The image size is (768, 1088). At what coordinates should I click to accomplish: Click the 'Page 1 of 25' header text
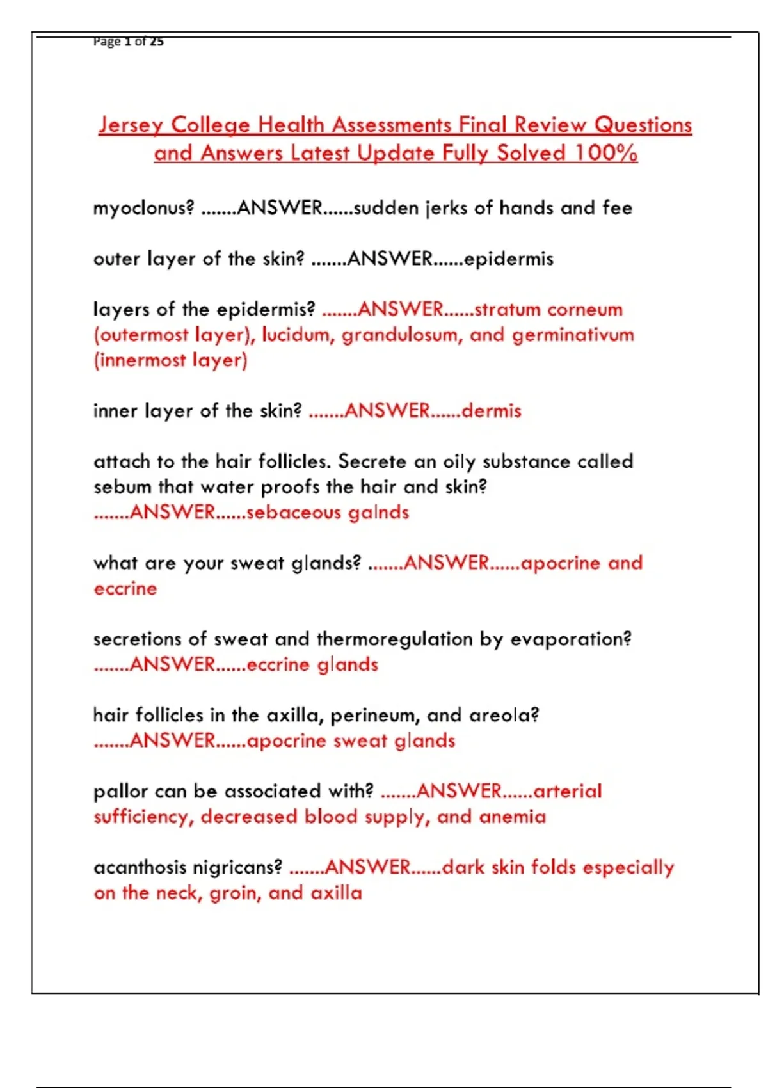[x=128, y=42]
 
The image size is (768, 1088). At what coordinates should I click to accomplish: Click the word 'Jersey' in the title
[x=131, y=125]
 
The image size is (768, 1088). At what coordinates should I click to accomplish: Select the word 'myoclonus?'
[x=143, y=209]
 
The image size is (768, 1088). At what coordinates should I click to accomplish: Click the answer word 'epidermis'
[x=509, y=259]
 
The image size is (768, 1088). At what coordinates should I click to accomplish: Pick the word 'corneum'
[x=585, y=310]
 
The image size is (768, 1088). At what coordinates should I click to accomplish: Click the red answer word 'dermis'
[x=492, y=411]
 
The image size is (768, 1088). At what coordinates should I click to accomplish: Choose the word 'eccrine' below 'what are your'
[x=125, y=589]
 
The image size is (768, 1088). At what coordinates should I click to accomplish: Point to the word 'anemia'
[x=512, y=817]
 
